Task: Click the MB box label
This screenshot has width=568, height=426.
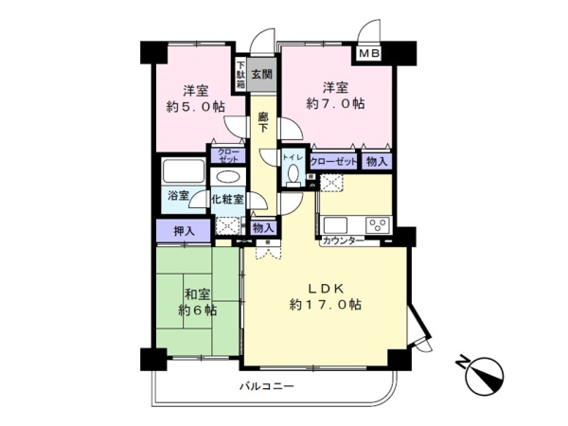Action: click(369, 54)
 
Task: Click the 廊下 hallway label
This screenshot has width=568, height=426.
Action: click(264, 121)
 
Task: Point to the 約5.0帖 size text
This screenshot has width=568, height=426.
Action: click(197, 106)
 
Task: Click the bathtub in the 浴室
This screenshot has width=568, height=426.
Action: click(183, 172)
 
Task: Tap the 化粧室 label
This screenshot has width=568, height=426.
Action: click(227, 199)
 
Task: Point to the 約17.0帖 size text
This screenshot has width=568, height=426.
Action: click(325, 305)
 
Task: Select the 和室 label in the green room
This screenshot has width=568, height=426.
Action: click(197, 293)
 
